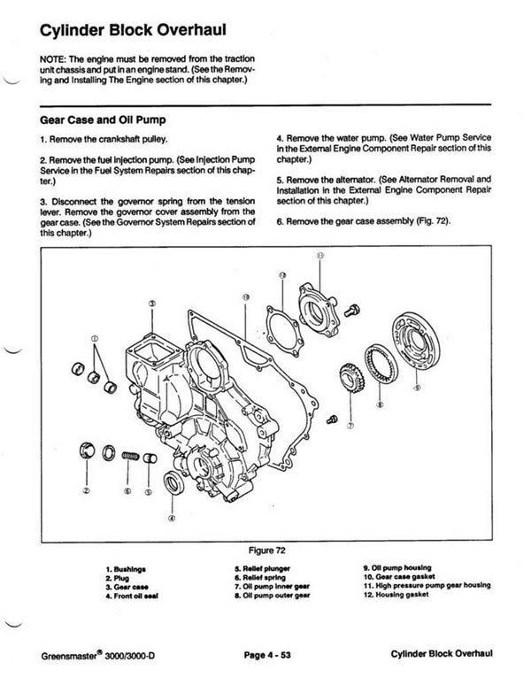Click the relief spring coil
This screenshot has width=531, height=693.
click(x=130, y=456)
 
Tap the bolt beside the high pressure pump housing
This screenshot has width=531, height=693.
click(x=353, y=310)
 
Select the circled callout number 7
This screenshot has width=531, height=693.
click(x=350, y=425)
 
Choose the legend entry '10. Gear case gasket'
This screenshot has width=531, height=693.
click(x=399, y=576)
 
